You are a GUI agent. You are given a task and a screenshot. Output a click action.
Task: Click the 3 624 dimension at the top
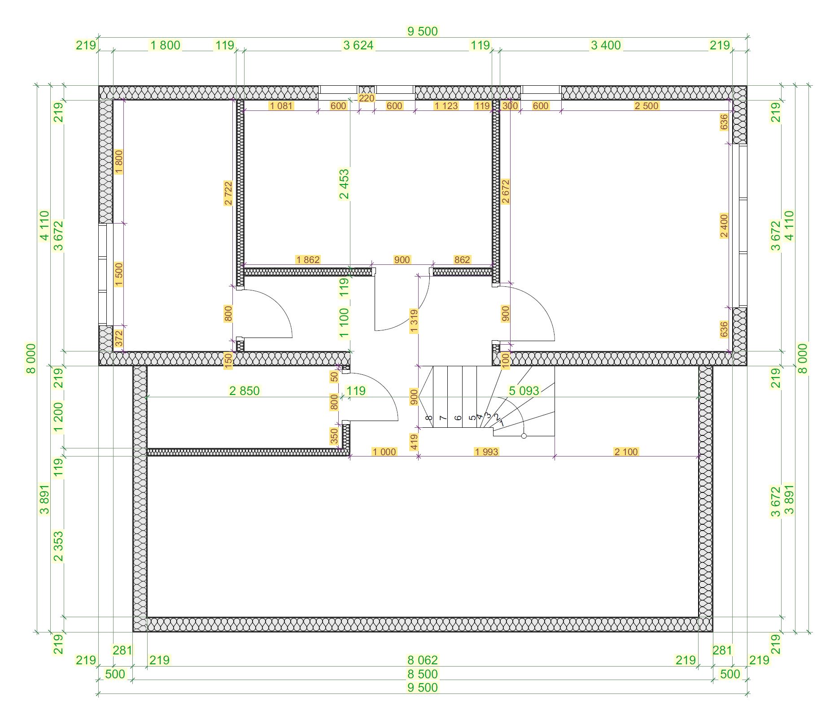click(358, 45)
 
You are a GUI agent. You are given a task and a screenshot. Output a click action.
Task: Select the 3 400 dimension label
click(606, 45)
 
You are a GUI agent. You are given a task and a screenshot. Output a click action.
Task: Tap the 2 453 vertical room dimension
click(344, 184)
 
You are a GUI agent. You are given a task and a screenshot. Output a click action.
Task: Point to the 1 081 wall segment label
click(281, 106)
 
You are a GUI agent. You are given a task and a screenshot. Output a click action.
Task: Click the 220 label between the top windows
click(367, 98)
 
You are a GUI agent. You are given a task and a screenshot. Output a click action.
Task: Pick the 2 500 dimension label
click(647, 106)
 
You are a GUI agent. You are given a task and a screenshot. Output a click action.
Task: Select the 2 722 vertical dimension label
click(228, 193)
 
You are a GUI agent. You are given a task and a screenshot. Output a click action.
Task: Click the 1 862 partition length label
click(308, 259)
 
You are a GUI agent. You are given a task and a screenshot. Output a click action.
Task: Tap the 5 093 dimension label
click(524, 391)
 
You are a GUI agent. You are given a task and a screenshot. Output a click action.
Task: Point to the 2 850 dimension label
click(244, 391)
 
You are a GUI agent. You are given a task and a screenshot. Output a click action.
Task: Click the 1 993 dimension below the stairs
click(486, 452)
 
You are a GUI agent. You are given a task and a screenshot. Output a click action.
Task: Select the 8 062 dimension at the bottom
click(422, 660)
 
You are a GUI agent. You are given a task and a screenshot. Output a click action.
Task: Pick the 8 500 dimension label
click(422, 674)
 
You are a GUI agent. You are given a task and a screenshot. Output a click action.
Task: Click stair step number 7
click(443, 418)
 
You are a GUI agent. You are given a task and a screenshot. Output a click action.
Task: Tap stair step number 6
click(458, 418)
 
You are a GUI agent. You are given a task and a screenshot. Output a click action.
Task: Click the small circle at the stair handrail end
click(524, 436)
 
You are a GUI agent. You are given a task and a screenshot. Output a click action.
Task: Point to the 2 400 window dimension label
click(724, 226)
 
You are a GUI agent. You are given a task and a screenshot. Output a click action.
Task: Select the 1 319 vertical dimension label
click(414, 321)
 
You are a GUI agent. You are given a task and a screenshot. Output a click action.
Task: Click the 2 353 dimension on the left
click(58, 546)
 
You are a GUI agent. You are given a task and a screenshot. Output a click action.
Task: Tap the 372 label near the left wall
click(118, 338)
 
